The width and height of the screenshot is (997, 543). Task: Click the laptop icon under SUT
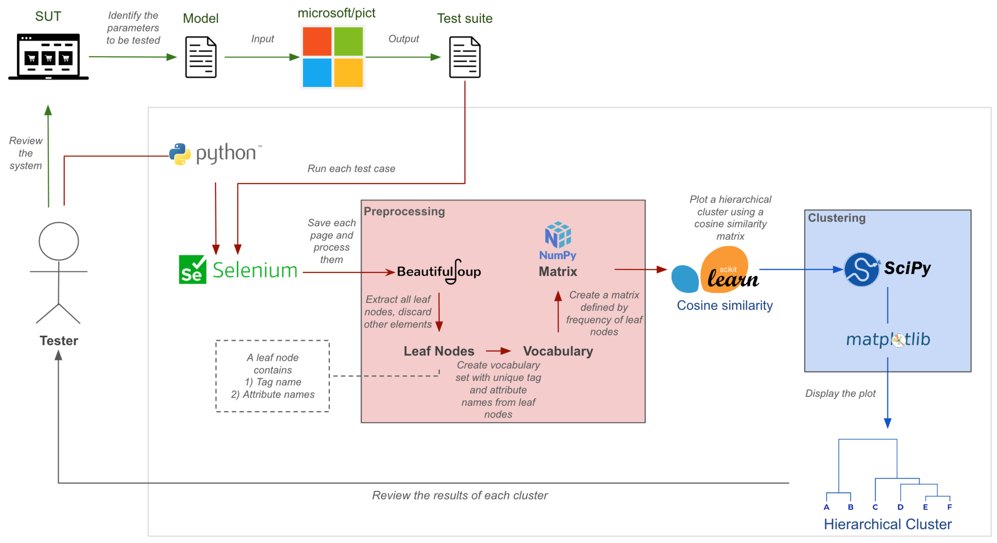coord(49,57)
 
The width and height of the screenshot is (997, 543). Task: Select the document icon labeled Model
coord(201,57)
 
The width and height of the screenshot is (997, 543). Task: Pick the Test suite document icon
coord(464,57)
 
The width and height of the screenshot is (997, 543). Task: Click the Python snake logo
coord(180,154)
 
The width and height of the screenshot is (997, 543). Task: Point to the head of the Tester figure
coord(59,241)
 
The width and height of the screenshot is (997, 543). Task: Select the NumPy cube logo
coord(558,235)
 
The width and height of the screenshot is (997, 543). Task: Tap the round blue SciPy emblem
coord(862,269)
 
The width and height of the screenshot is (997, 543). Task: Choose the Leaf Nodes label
coord(439,351)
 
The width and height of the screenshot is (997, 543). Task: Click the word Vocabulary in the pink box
coord(558,351)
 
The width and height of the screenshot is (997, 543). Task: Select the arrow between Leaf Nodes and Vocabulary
coord(499,351)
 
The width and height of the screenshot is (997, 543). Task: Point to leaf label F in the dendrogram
coord(949,507)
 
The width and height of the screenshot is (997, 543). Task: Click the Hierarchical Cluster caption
coord(888,524)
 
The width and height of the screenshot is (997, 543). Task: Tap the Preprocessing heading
coord(404,211)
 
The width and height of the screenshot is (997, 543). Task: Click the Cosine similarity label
coord(725,305)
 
